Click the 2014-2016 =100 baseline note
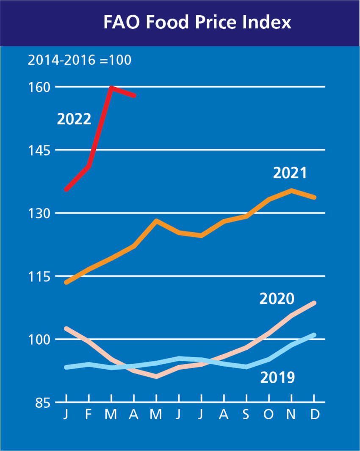click(80, 61)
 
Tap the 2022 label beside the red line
click(74, 120)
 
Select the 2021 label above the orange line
click(290, 173)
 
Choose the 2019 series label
click(277, 377)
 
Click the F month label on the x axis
click(89, 415)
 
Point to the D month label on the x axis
click(314, 415)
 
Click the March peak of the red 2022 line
click(111, 87)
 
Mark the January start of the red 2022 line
click(66, 189)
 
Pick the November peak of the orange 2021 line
click(292, 190)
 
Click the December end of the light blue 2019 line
click(314, 335)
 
